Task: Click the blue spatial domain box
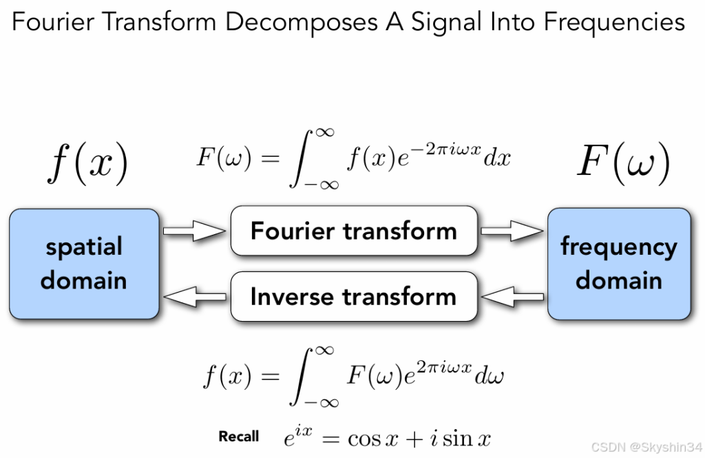pos(84,264)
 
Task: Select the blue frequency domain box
pos(619,264)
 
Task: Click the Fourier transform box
pos(353,231)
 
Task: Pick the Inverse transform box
pos(353,297)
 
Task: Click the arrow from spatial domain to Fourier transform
pos(195,231)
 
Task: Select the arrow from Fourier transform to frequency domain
pos(512,231)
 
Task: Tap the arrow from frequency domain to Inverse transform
pos(512,297)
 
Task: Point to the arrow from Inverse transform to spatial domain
pos(195,297)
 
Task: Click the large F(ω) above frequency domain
pos(623,163)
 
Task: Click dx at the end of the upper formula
pos(498,158)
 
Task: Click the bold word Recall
pos(239,437)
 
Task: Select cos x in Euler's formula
pos(375,438)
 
